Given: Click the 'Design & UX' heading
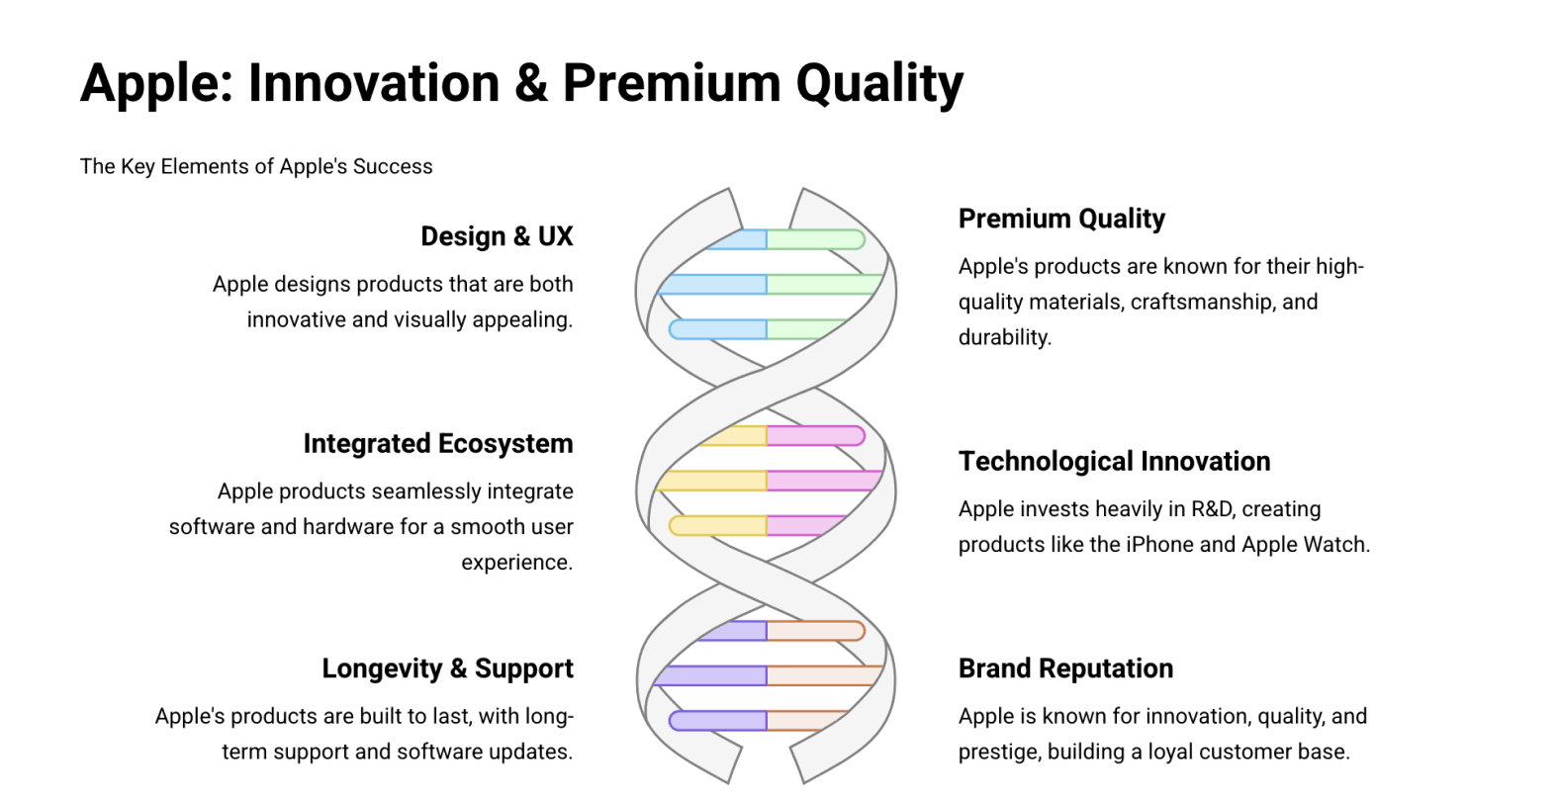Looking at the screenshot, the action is (x=497, y=236).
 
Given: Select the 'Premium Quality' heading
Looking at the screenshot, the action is (x=1061, y=219).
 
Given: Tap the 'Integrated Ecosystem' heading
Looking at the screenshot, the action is (x=438, y=444).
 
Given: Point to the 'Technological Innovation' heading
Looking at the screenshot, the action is (x=1114, y=461).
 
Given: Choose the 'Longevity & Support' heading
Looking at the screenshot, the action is (x=447, y=668).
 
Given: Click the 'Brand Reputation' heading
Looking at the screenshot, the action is (x=1065, y=668).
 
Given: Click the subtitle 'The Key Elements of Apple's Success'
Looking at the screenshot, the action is (x=256, y=166).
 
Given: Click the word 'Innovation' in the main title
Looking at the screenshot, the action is (x=374, y=83).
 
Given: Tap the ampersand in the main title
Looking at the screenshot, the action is (x=531, y=83).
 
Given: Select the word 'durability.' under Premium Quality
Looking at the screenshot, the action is (x=1004, y=337).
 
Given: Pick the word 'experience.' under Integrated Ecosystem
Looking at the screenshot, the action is (x=517, y=562).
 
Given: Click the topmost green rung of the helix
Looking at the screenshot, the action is (x=815, y=239).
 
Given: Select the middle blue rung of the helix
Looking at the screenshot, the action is (x=712, y=284).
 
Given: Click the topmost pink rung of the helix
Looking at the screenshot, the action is (x=815, y=436).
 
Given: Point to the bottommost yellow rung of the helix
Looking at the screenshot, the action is (x=718, y=525).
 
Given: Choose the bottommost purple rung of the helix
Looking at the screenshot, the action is (x=718, y=720).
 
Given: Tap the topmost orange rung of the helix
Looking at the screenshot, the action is (x=815, y=631).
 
